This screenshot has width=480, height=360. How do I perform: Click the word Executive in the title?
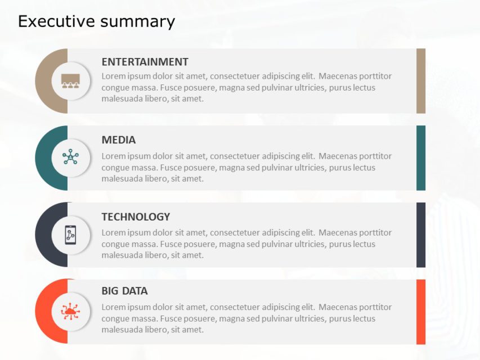click(56, 21)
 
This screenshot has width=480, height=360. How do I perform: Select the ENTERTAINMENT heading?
click(145, 62)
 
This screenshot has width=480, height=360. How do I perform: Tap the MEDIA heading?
click(119, 140)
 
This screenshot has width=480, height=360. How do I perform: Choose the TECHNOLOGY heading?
click(136, 217)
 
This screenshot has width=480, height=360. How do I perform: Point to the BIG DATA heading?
click(124, 291)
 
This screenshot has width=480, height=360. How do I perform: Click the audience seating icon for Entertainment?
click(70, 81)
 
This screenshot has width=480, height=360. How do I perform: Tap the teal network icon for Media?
click(70, 157)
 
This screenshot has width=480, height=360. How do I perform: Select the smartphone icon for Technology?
click(70, 235)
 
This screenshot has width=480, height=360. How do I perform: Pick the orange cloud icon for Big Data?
click(70, 311)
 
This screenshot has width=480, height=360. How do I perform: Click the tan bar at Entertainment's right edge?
click(421, 81)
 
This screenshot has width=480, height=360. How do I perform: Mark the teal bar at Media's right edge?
click(421, 158)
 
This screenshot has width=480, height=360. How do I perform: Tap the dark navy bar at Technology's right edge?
click(421, 235)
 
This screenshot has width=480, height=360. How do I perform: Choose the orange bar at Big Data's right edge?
click(421, 312)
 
